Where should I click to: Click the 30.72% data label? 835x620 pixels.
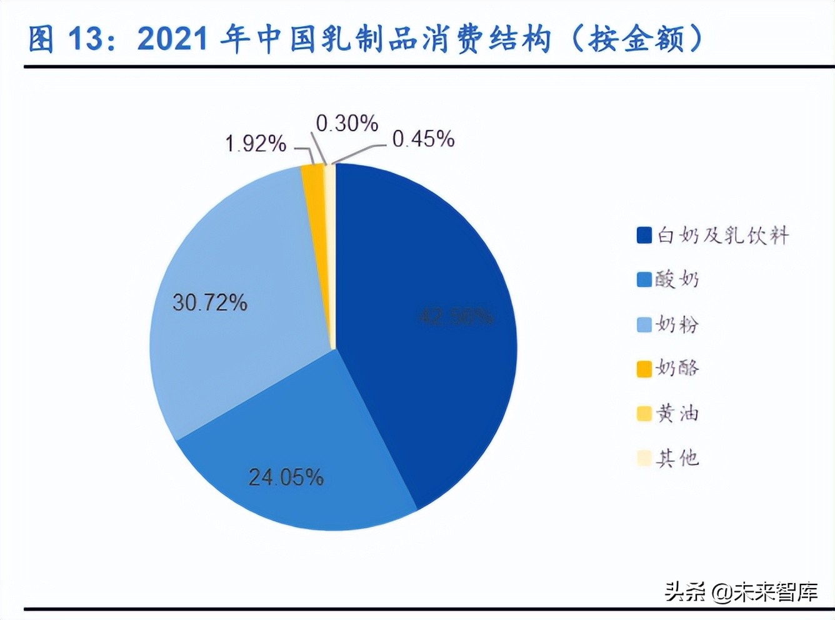point(210,303)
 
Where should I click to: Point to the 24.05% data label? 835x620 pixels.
point(286,477)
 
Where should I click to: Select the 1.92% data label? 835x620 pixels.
point(256,144)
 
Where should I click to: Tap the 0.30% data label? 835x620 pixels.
point(347,123)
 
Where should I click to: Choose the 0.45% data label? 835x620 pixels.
point(423,139)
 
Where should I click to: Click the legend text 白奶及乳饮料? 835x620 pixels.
point(722,236)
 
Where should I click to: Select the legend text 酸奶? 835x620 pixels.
point(677,279)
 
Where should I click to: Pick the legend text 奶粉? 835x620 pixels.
point(677,324)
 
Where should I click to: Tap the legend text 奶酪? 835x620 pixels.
point(677,369)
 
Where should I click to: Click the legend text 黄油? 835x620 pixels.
point(677,414)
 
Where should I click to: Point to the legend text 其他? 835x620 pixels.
point(677,458)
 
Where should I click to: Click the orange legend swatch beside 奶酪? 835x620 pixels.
point(644,369)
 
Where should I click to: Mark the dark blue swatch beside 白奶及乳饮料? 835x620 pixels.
point(644,236)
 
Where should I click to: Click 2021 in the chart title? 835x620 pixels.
point(172,39)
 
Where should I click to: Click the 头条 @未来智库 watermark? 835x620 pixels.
point(741,591)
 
